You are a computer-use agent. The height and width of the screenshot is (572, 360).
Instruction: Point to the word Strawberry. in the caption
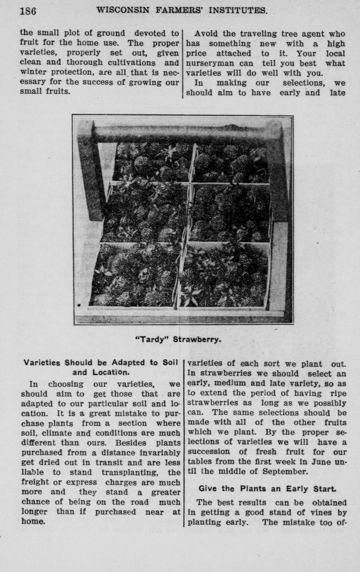point(197,339)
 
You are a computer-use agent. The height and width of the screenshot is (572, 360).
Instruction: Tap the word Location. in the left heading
point(100,372)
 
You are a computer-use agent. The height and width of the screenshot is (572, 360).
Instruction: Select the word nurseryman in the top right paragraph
point(210,63)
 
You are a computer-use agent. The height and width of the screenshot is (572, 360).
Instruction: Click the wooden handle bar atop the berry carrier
point(182,133)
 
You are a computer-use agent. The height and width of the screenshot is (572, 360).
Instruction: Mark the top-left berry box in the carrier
point(152,162)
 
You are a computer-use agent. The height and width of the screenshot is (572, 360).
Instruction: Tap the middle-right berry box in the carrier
point(229,213)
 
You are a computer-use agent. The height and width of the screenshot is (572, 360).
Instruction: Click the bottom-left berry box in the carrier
point(136,276)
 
